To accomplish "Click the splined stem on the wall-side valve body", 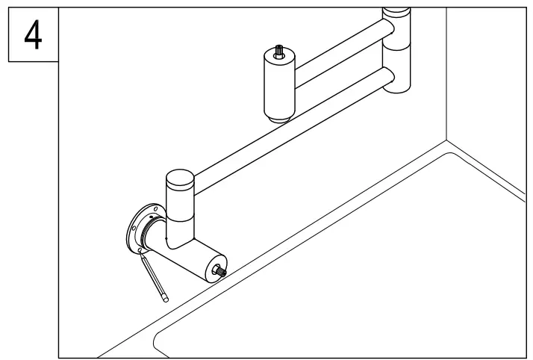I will pos(221,271).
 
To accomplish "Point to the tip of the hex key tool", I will pos(165,299).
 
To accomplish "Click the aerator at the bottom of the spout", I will pos(278,118).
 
